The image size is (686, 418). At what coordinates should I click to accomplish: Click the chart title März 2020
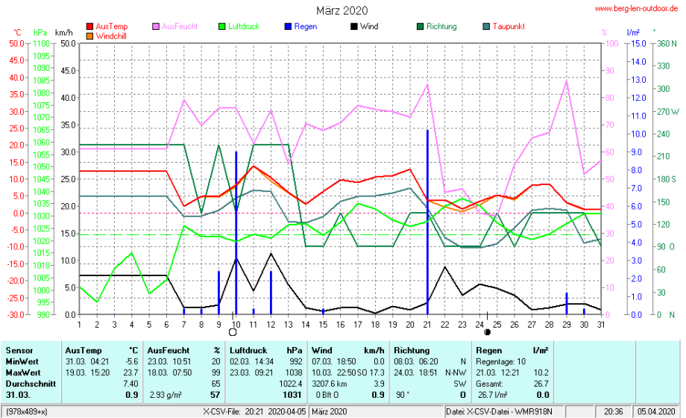(x=342, y=10)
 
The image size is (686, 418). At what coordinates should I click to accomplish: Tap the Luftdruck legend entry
(x=243, y=26)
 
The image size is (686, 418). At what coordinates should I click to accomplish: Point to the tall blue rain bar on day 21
(x=427, y=224)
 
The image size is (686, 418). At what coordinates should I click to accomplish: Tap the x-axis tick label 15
(x=323, y=324)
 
